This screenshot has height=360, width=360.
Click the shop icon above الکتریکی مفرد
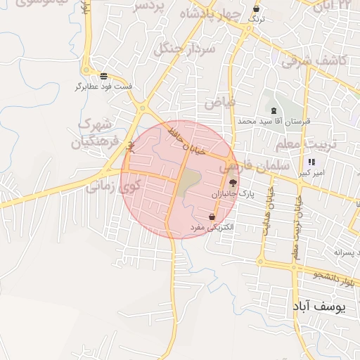[212, 217]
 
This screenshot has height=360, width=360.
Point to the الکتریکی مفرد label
[211, 228]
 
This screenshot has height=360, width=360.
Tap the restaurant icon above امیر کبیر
[312, 162]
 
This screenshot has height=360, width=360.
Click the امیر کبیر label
[310, 173]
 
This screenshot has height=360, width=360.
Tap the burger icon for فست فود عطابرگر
[104, 76]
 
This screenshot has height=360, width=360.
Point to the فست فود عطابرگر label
[104, 86]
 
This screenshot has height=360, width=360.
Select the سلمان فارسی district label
[254, 167]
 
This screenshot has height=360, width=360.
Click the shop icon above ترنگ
[257, 9]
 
